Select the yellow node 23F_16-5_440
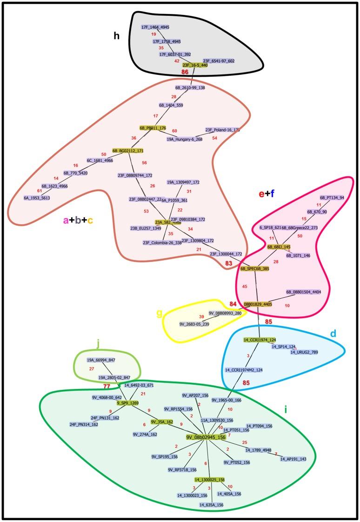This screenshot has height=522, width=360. click(195, 65)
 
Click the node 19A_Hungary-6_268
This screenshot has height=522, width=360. click(184, 139)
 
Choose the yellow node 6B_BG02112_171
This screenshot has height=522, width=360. click(127, 151)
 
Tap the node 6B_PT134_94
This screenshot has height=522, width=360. click(332, 197)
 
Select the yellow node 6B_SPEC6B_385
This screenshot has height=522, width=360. click(254, 268)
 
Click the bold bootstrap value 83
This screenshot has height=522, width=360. click(228, 263)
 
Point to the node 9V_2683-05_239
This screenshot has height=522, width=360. click(194, 324)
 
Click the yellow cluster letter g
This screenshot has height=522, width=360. click(160, 313)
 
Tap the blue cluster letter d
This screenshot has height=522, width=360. click(333, 335)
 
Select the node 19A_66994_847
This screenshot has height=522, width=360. click(101, 360)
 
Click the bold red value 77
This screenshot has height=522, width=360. click(107, 386)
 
